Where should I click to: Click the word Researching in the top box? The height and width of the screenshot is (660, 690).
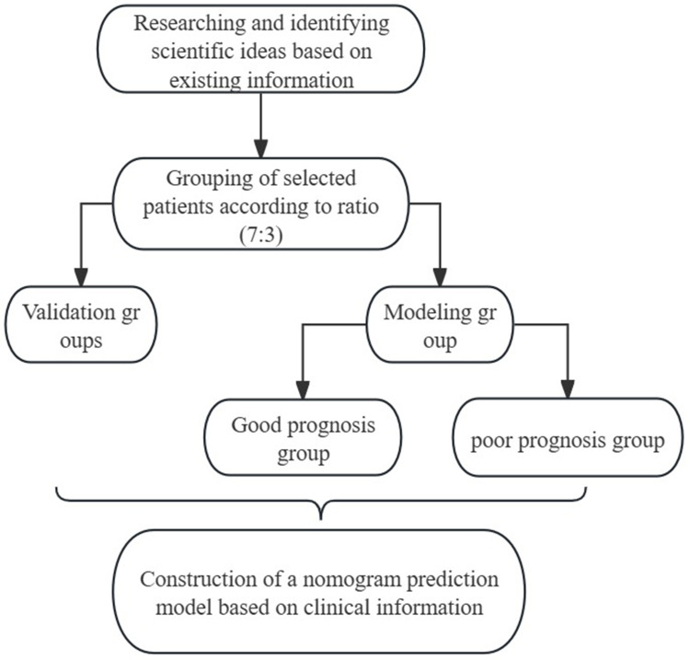190,24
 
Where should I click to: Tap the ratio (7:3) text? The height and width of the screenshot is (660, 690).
261,234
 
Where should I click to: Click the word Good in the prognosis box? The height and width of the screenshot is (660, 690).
257,425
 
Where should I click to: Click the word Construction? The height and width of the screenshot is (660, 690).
198,579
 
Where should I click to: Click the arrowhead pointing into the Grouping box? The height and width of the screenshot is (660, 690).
261,149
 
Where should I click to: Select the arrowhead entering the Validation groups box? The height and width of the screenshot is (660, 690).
81,277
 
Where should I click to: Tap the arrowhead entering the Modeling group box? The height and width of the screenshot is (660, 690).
440,277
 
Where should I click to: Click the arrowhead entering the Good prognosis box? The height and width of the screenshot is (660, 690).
303,390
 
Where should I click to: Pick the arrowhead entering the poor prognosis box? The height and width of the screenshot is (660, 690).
568,389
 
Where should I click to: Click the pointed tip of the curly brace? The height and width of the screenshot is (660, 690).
321,519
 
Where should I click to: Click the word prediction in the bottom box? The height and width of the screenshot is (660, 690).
453,580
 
